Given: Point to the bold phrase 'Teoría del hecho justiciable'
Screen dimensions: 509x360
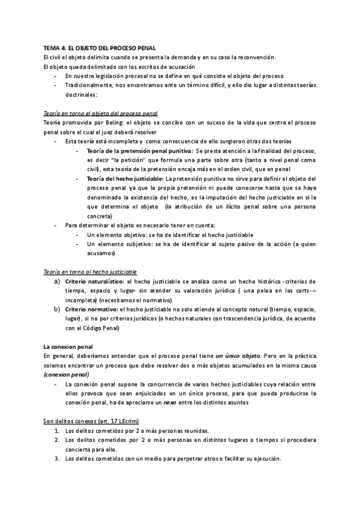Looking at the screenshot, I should (x=124, y=178).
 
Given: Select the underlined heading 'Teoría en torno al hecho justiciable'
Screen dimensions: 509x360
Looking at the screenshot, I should (x=90, y=272).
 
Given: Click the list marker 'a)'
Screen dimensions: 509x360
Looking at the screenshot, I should (x=57, y=281).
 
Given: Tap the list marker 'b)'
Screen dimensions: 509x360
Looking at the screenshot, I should (x=57, y=309).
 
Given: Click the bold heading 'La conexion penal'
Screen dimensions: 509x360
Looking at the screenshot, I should (x=68, y=347).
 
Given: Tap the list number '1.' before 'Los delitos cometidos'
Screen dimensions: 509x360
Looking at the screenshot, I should (x=57, y=431).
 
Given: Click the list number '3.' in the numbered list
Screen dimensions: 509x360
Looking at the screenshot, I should (x=57, y=459).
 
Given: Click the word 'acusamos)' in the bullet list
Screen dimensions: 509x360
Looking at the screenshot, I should (x=102, y=253).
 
